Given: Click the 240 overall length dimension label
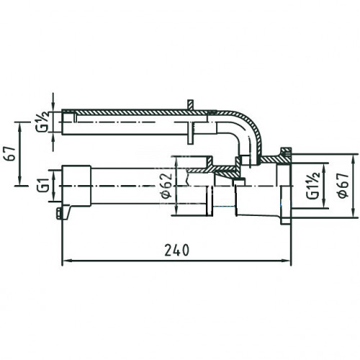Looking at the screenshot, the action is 177,250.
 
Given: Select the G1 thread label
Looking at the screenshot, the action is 42,186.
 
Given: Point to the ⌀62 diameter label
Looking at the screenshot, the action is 167,186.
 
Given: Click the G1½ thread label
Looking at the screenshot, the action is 313,186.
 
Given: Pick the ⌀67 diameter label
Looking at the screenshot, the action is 343,185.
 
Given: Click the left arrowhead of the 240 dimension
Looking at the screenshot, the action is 66,260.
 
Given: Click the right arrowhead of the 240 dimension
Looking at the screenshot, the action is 287,260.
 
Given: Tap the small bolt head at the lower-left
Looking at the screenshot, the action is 58,213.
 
